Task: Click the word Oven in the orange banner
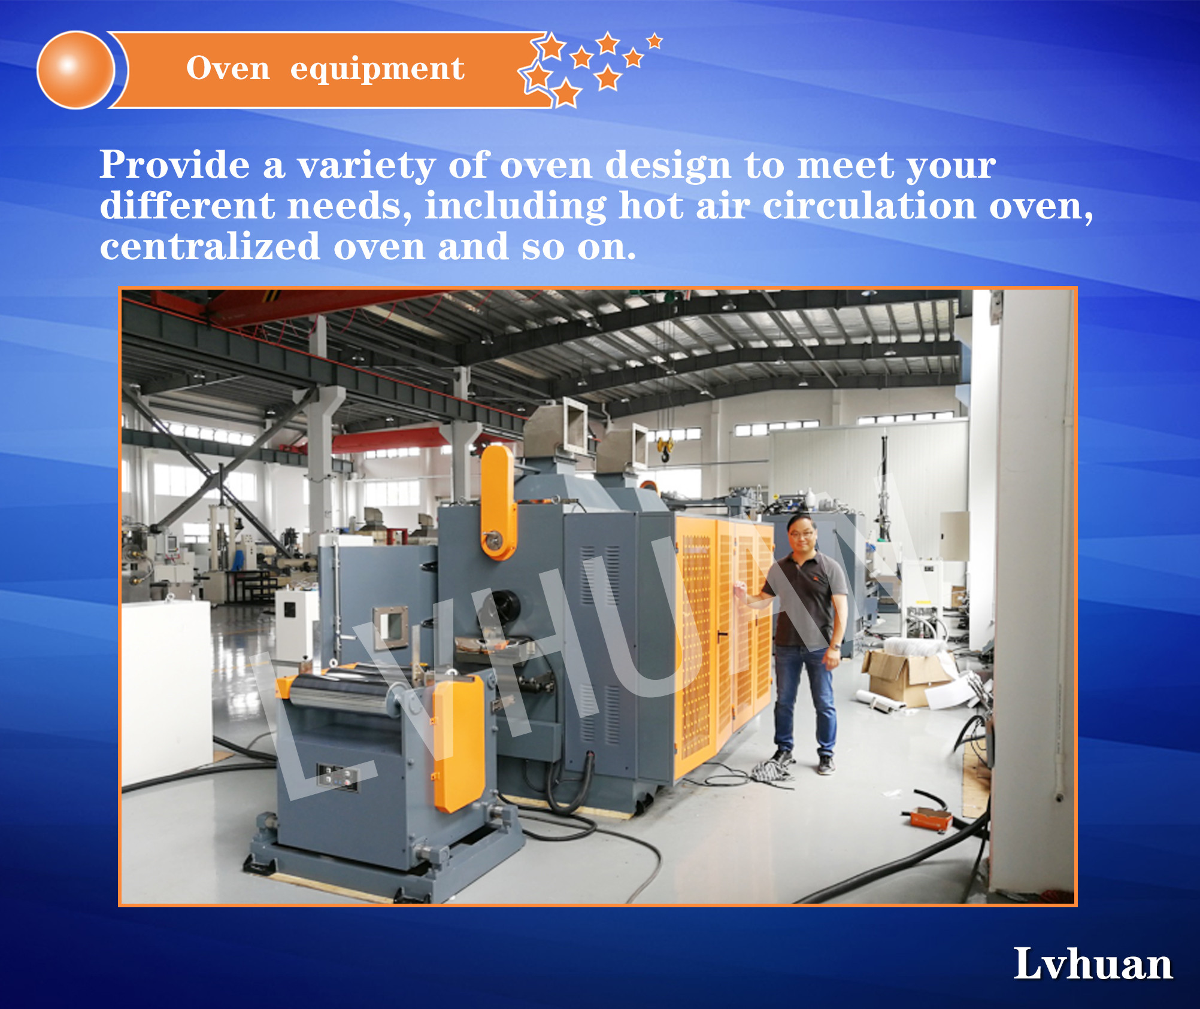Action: (x=228, y=68)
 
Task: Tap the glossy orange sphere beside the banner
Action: (x=75, y=70)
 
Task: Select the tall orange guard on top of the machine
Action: (x=498, y=502)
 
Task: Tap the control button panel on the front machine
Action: (x=337, y=777)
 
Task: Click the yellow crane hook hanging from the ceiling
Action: (x=664, y=449)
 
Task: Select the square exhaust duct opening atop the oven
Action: (x=575, y=427)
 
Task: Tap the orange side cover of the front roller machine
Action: (x=459, y=742)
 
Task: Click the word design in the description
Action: (x=668, y=166)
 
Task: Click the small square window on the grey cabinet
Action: (x=391, y=627)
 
